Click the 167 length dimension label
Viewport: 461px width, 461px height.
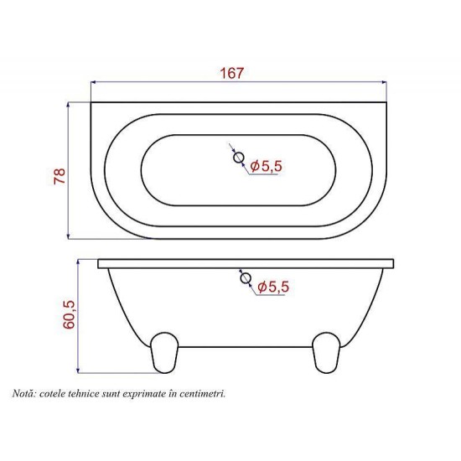click(x=232, y=73)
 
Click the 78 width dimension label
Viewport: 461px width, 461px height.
click(x=60, y=176)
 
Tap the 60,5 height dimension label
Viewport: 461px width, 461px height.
click(x=70, y=314)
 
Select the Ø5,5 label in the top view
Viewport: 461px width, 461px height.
click(x=267, y=166)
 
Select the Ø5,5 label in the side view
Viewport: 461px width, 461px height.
click(x=273, y=287)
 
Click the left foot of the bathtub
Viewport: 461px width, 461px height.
click(x=164, y=353)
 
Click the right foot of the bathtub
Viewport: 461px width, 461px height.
click(x=326, y=353)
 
